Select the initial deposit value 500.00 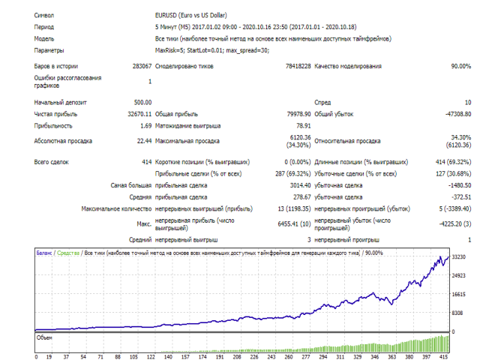pos(141,102)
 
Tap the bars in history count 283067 pos(139,66)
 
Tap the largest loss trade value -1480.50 pos(455,184)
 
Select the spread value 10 pos(467,102)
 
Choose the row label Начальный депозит pos(61,102)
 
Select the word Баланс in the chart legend pos(45,253)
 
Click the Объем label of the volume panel pos(45,338)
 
